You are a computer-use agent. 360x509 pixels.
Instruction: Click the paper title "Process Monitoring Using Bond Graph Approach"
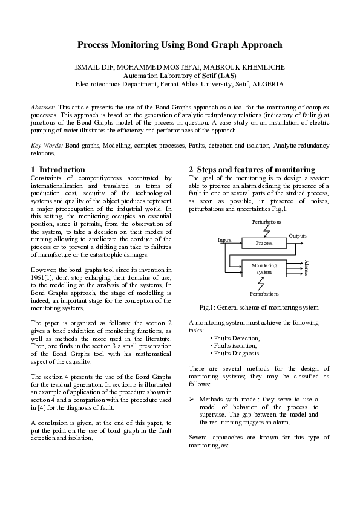tap(180, 45)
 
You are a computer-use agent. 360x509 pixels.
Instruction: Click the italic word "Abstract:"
tap(43, 106)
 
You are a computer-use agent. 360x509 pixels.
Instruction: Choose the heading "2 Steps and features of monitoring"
tap(252, 170)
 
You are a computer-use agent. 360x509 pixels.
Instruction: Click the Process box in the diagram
tap(264, 243)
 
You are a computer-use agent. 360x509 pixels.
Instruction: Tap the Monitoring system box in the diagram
tap(264, 268)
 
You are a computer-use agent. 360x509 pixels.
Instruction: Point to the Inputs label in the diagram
tap(225, 240)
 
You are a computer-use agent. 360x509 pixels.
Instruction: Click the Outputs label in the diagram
tap(298, 235)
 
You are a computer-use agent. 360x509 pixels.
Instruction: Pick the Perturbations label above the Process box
tap(266, 222)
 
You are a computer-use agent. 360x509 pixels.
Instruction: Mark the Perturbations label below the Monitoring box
tap(264, 293)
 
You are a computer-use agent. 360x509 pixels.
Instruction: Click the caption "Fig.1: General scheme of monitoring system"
tap(258, 308)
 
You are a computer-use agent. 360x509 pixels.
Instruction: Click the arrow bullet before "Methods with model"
tap(191, 400)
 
